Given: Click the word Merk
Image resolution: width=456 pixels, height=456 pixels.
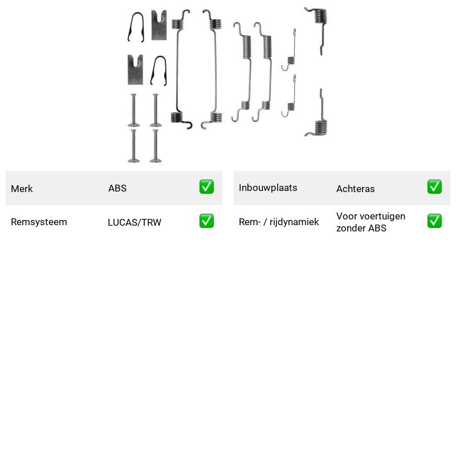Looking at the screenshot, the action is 22,189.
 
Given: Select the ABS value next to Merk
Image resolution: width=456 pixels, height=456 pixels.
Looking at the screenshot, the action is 117,188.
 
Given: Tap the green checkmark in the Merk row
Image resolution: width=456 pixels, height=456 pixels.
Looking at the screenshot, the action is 206,187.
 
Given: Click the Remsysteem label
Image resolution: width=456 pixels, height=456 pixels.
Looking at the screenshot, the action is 39,222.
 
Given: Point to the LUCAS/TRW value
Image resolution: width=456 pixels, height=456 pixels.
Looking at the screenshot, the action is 135,222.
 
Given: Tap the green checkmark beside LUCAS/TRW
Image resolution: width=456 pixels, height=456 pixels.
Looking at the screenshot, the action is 206,221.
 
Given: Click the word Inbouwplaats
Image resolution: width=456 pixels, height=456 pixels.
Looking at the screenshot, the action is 268,188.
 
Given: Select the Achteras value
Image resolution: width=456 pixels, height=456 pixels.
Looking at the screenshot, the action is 355,189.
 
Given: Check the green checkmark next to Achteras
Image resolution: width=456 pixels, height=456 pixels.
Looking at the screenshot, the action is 434,187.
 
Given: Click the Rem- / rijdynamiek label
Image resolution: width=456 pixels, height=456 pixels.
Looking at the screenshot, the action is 279,222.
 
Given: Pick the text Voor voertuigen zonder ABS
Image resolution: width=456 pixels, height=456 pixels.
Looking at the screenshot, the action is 371,222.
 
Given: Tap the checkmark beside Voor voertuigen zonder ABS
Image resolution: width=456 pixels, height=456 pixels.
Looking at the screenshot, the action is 434,221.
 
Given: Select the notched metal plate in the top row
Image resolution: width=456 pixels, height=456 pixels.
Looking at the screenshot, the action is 159,25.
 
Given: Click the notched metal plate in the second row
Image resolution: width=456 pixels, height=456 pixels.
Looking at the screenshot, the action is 135,70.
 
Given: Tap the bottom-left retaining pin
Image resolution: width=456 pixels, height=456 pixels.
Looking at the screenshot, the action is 133,146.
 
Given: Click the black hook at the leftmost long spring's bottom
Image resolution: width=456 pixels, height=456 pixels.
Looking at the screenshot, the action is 189,125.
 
